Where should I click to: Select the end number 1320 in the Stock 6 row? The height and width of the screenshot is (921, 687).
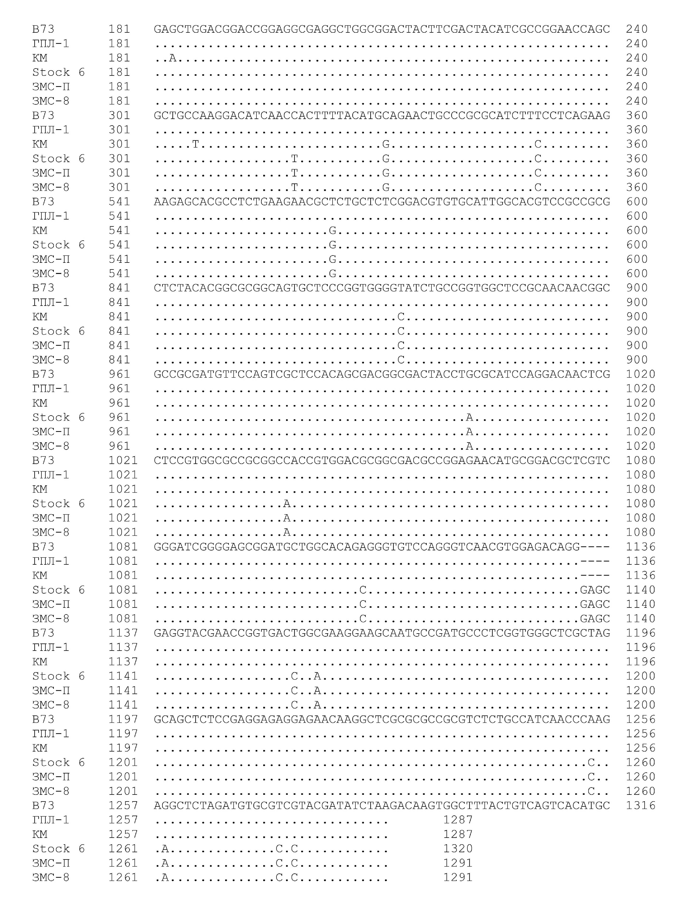pos(458,849)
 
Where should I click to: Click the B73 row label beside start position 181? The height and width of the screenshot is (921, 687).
pos(43,29)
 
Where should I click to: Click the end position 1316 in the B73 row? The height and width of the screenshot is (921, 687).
pos(640,805)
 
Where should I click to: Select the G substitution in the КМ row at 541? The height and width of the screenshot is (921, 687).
pos(332,230)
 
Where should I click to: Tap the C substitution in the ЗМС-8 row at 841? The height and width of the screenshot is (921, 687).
pos(401,360)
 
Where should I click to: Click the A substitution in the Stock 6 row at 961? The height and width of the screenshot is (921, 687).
pos(470,417)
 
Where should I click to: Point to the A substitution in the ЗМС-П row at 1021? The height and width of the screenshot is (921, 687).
pos(287,518)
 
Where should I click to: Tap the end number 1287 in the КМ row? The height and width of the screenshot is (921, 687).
pos(458,834)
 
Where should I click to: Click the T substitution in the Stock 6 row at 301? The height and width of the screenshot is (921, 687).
pos(295,159)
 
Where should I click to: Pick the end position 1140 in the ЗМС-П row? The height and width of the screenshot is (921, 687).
pos(640,604)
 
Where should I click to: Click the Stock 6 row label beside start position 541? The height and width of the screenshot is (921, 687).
pos(58,245)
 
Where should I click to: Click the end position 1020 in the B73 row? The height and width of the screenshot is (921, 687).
pos(640,374)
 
